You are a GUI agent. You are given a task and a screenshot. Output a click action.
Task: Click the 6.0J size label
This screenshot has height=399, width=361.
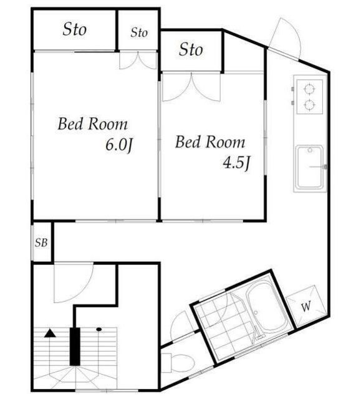point(119,145)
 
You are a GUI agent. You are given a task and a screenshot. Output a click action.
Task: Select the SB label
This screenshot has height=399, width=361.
point(41,243)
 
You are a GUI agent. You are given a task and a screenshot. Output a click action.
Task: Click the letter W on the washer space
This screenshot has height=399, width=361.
point(306,306)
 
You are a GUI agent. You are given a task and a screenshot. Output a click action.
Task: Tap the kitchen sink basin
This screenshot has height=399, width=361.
point(310,166)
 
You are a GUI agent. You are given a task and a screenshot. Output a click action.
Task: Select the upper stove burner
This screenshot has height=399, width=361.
point(309,89)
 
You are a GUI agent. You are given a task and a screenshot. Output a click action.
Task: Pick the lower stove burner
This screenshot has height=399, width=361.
point(309,105)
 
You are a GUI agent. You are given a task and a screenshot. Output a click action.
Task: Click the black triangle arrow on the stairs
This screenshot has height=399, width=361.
point(50,334)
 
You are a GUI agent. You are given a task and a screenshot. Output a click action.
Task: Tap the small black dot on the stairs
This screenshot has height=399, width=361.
point(99,329)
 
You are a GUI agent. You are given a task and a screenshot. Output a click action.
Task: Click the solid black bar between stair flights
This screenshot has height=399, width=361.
point(75,347)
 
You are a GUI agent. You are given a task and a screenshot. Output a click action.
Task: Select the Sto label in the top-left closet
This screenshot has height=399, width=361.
point(75,29)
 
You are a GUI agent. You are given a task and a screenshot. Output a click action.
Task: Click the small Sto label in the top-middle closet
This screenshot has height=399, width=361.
point(139,32)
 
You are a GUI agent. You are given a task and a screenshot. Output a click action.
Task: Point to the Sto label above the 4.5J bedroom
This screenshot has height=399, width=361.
point(191,49)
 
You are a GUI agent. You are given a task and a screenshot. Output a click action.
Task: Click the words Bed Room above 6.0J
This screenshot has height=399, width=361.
point(93,124)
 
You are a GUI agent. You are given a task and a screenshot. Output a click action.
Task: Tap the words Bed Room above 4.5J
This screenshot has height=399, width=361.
point(210,142)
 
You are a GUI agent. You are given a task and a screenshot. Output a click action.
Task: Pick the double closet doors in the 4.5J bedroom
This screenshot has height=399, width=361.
point(191,88)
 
